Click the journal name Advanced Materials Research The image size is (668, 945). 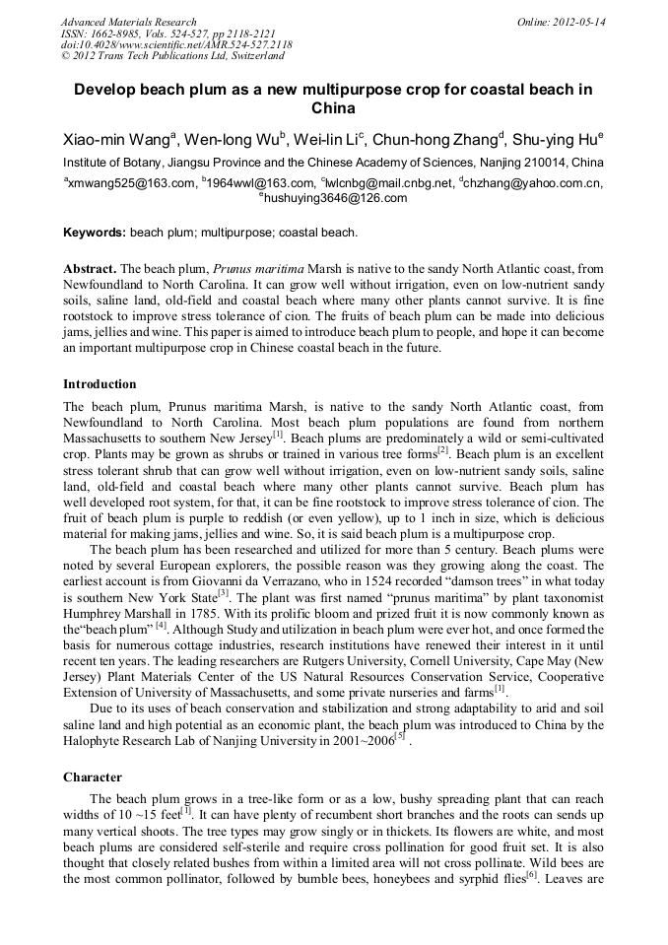(128, 22)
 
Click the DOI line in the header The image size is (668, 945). (176, 44)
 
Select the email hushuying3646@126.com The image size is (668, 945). (336, 198)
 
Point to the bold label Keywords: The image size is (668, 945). (95, 234)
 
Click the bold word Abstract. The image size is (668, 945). (90, 269)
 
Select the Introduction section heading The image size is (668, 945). (100, 384)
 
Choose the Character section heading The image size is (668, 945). (93, 777)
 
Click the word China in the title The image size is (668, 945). (333, 108)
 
